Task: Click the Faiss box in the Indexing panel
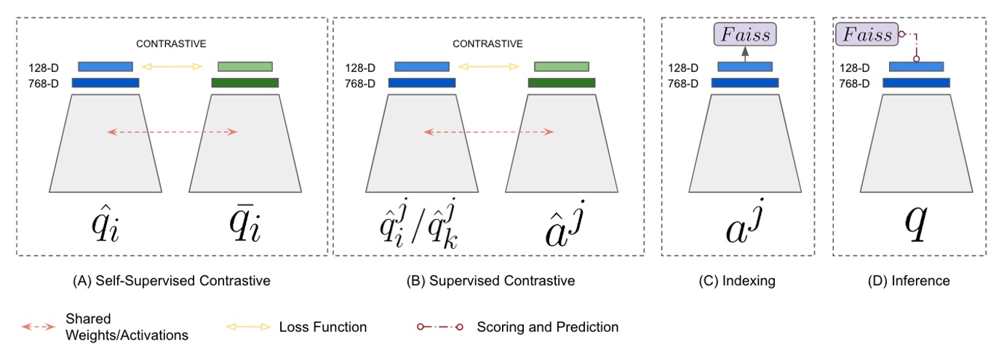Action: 745,33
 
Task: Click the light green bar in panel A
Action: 245,67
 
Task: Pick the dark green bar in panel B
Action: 562,82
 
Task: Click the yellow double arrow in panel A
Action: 172,67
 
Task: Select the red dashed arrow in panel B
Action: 488,132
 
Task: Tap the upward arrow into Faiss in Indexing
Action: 745,54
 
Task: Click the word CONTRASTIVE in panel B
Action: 487,44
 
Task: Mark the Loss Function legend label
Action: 323,327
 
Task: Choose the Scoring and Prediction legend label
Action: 547,327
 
